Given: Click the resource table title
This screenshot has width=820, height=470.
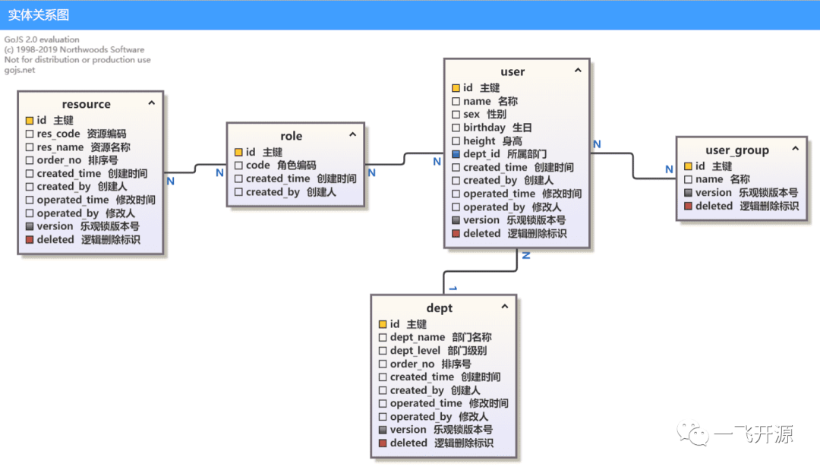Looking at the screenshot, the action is pyautogui.click(x=87, y=104).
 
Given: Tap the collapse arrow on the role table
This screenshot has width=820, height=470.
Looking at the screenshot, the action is pyautogui.click(x=353, y=134).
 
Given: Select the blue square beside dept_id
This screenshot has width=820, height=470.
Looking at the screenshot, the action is pyautogui.click(x=456, y=154).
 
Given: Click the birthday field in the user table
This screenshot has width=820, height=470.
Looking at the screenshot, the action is pyautogui.click(x=484, y=128).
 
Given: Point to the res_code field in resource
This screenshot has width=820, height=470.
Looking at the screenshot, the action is pyautogui.click(x=58, y=134).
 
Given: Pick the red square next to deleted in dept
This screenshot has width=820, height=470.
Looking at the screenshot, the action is pyautogui.click(x=383, y=443).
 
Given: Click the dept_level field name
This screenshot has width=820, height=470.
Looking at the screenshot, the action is pyautogui.click(x=415, y=350).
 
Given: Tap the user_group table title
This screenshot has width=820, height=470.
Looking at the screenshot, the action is pyautogui.click(x=737, y=150).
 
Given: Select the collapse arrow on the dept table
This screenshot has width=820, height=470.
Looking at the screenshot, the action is pyautogui.click(x=505, y=306).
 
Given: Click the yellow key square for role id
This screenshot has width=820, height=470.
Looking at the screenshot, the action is pyautogui.click(x=238, y=152).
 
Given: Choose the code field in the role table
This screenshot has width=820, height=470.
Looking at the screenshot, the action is pyautogui.click(x=258, y=166).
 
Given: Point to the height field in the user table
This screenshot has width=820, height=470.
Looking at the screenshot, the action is pyautogui.click(x=479, y=141).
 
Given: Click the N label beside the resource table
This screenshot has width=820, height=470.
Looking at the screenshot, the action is pyautogui.click(x=171, y=181).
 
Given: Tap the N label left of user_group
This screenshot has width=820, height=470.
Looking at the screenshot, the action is pyautogui.click(x=669, y=169).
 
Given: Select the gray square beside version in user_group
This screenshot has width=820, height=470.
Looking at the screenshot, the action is pyautogui.click(x=688, y=193).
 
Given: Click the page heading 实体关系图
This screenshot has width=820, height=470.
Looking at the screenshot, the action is pyautogui.click(x=39, y=14).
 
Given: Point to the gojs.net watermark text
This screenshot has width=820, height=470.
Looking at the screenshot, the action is pyautogui.click(x=20, y=70).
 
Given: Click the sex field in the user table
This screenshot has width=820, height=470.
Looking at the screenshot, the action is pyautogui.click(x=471, y=115).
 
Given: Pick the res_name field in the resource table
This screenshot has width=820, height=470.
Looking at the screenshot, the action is pyautogui.click(x=60, y=147).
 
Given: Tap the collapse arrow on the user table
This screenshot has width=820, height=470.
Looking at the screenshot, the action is pyautogui.click(x=578, y=70).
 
